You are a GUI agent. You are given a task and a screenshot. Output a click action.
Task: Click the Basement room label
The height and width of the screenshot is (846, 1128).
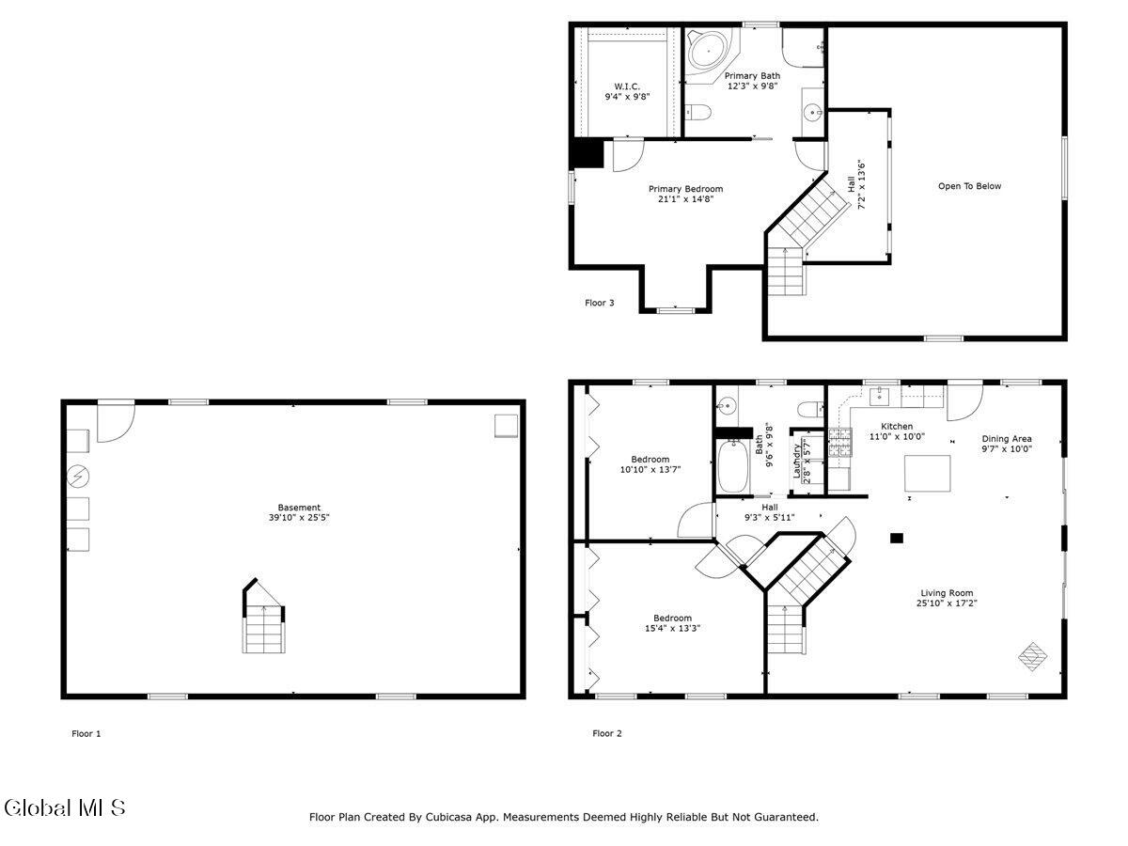pos(299,508)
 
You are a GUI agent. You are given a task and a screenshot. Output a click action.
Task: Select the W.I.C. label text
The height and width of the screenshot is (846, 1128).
pos(627,86)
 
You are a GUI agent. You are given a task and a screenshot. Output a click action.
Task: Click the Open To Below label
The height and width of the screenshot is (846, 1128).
pos(969,186)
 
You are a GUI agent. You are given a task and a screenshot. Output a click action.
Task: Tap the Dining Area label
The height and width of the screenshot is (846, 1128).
pos(1007,438)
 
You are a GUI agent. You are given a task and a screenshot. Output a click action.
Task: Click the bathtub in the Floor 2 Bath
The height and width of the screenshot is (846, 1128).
pos(731,468)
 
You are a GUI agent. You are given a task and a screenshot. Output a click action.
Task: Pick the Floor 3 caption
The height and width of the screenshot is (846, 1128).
pos(600,303)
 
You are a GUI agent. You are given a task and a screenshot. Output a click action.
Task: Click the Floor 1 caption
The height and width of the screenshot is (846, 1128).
pos(86,733)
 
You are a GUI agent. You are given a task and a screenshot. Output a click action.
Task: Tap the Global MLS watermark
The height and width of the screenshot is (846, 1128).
pos(64,807)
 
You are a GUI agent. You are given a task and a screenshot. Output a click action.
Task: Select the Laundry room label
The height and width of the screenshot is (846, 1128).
pos(797,462)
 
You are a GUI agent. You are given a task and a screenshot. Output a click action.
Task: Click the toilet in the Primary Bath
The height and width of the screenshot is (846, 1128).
pos(696,114)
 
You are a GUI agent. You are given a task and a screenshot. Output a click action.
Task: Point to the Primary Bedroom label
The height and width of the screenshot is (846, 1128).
pos(685,189)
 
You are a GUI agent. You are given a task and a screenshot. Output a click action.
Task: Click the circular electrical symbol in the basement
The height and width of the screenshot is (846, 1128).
pos(77,478)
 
